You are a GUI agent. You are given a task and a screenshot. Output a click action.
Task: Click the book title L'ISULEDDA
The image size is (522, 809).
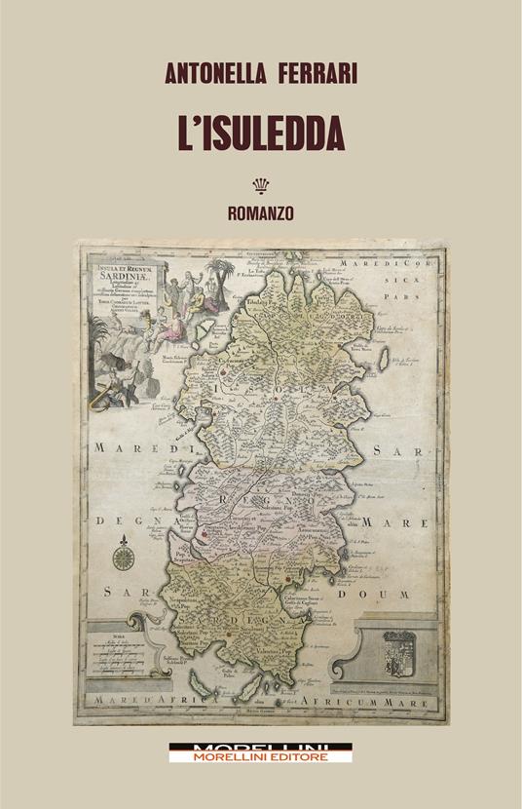tap(260, 130)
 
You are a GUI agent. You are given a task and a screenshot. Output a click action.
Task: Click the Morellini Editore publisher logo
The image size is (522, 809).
tap(260, 752)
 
